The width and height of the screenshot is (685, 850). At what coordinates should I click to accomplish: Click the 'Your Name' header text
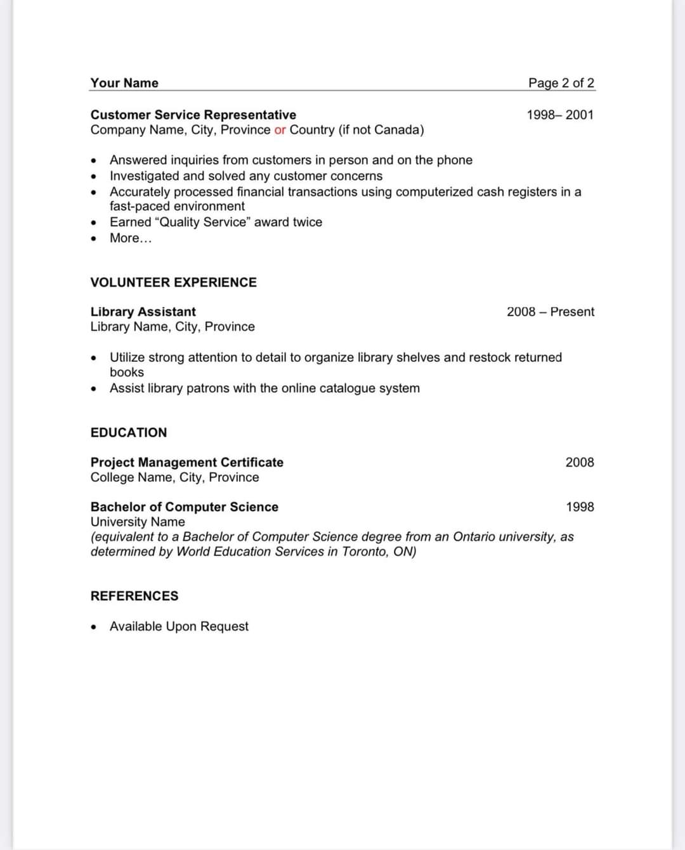[x=124, y=83]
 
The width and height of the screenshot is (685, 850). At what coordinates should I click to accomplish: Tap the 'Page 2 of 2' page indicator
[x=561, y=83]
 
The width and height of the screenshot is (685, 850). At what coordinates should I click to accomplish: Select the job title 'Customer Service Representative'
[x=193, y=115]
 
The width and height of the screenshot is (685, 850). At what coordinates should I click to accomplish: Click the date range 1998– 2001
[x=560, y=115]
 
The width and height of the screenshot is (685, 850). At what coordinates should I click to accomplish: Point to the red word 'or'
[x=280, y=130]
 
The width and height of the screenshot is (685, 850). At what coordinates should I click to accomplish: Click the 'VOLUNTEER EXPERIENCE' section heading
[x=173, y=283]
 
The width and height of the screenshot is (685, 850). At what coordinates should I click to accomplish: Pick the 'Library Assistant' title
[x=143, y=312]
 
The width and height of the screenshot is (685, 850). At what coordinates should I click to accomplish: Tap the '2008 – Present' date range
[x=550, y=312]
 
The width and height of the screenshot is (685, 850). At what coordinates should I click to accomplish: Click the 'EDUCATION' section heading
[x=129, y=433]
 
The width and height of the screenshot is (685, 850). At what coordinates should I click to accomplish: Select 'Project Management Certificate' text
[x=186, y=463]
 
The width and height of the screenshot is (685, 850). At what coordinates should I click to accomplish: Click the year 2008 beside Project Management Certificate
[x=580, y=463]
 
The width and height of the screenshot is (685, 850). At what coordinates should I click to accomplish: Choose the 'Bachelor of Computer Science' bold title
[x=184, y=507]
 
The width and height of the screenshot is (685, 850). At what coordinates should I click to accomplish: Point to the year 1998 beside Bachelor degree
[x=580, y=507]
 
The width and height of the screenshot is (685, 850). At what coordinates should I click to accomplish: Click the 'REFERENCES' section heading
[x=134, y=596]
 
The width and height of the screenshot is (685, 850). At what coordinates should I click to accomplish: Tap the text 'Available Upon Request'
[x=179, y=627]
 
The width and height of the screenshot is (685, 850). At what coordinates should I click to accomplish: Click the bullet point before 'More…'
[x=94, y=239]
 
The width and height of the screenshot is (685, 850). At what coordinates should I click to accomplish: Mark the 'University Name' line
[x=138, y=522]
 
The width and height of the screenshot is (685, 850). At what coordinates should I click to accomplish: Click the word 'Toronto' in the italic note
[x=365, y=552]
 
